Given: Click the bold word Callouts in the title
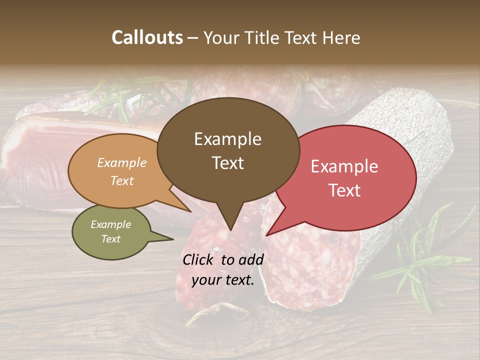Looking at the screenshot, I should tap(147, 37).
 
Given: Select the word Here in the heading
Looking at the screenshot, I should tap(341, 37).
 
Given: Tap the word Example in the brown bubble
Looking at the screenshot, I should tap(227, 139).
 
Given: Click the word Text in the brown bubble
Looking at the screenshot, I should tap(227, 163).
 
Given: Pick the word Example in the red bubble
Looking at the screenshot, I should tap(344, 166).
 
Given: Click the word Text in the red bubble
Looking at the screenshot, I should tap(344, 190).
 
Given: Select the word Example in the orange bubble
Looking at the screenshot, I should tap(122, 162).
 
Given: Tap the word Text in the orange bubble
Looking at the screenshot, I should tap(122, 180).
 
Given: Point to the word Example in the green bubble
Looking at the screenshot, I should tap(110, 224).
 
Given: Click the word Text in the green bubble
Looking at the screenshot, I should tap(110, 239).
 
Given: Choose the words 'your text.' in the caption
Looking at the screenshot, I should tap(223, 280).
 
